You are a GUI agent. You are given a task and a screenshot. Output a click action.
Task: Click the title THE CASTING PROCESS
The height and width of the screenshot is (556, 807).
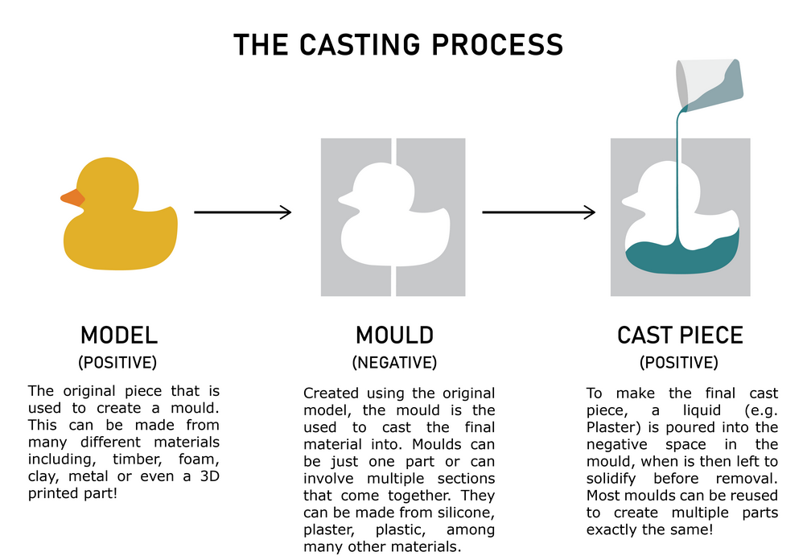398,44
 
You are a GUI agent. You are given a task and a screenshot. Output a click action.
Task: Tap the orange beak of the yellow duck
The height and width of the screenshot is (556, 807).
73,197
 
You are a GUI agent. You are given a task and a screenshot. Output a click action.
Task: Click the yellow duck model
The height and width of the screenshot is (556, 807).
119,214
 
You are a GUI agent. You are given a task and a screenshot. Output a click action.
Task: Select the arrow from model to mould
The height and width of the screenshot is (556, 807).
242,212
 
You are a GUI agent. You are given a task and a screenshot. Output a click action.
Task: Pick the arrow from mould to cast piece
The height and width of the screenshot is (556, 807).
539,212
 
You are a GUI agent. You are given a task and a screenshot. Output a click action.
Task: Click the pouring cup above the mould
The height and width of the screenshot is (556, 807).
709,85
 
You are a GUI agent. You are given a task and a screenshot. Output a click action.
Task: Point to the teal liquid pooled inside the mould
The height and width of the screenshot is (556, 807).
682,257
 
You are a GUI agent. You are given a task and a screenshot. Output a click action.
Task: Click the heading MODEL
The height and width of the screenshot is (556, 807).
119,336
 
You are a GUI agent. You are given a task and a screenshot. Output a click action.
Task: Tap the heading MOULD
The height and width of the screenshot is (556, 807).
395,336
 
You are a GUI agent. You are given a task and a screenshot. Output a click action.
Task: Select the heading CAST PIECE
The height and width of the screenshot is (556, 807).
680,336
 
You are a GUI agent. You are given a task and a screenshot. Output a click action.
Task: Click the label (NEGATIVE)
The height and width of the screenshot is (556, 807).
395,362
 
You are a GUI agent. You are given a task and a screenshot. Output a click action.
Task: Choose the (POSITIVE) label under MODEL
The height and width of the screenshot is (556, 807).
117,362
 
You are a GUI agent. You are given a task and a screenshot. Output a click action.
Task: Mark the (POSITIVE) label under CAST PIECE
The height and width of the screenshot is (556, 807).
679,362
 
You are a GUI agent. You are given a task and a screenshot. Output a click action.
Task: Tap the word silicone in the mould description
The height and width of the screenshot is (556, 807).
467,513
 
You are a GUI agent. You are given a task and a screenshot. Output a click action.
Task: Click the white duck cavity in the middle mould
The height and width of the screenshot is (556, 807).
395,214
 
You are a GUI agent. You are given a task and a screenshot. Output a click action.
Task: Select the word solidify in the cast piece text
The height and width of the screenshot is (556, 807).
611,479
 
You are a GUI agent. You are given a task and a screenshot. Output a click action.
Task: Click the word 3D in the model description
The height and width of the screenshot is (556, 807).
209,476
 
